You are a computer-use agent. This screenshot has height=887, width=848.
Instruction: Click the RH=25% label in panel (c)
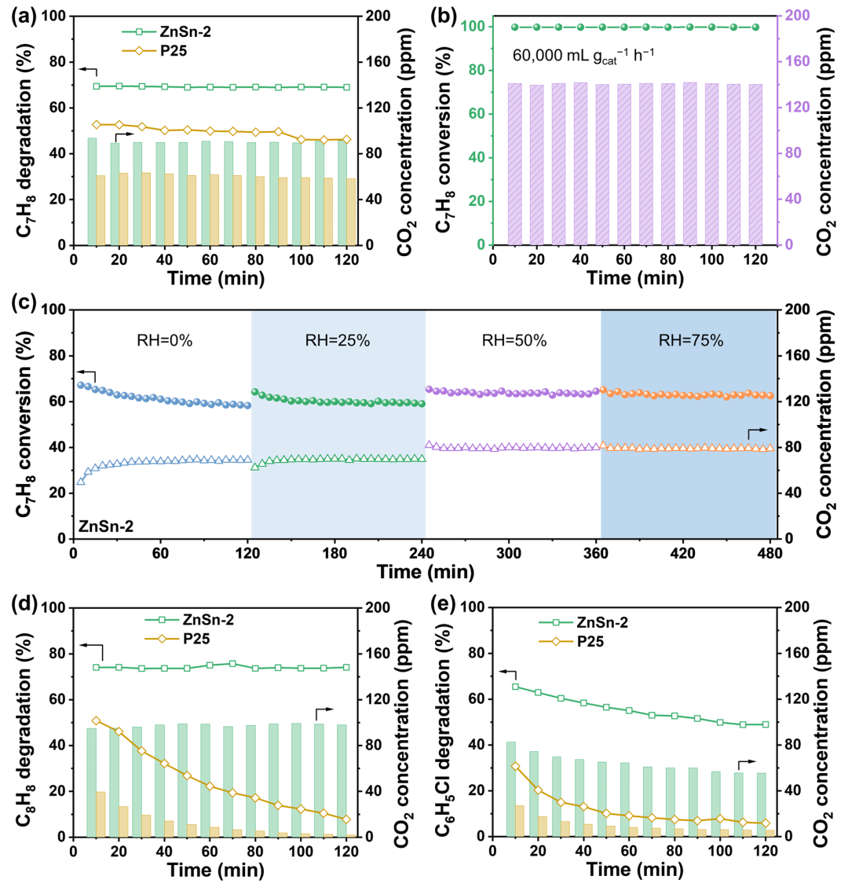click(x=338, y=342)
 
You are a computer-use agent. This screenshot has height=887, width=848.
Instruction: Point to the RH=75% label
click(x=688, y=342)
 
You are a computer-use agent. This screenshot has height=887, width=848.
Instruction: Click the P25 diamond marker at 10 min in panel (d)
click(x=97, y=720)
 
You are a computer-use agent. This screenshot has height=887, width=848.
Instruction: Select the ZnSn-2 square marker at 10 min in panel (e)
click(x=515, y=687)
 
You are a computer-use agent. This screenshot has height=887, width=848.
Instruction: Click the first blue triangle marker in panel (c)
click(x=81, y=481)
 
